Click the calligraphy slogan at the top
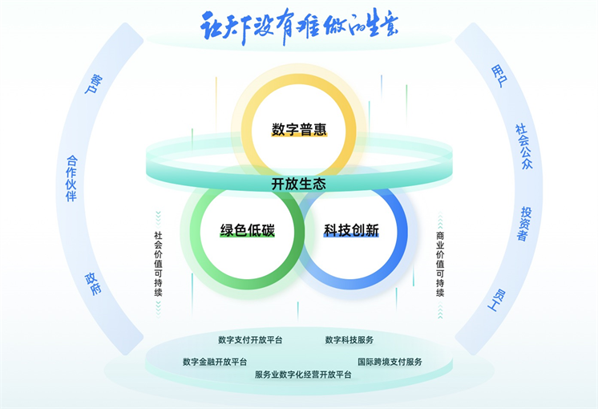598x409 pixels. [298, 26]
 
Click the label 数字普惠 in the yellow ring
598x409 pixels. [298, 129]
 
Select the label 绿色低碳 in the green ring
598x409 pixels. [248, 231]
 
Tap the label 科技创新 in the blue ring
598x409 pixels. [350, 231]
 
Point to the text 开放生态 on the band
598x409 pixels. [298, 184]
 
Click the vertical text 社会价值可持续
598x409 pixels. [158, 264]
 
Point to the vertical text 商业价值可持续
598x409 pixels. [440, 264]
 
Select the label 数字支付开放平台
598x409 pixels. [250, 340]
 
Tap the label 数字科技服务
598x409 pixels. [350, 340]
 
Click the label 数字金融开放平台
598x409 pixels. [215, 362]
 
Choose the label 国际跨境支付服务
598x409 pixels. [390, 362]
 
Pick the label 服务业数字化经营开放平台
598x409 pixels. [303, 375]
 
